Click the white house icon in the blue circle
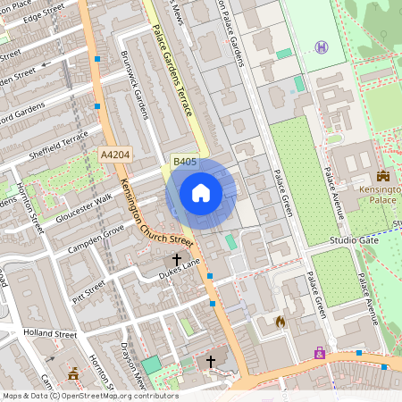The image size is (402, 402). coord(201,192)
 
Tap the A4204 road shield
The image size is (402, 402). coord(116,155)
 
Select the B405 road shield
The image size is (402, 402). coord(185,162)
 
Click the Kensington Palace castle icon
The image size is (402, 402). coord(383,176)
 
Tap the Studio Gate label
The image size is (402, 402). coord(355,241)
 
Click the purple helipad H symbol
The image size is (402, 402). coord(321,46)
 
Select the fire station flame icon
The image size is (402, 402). coord(281,321)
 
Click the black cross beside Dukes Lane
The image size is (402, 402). coord(177,260)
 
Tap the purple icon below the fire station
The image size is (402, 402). coord(319,353)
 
